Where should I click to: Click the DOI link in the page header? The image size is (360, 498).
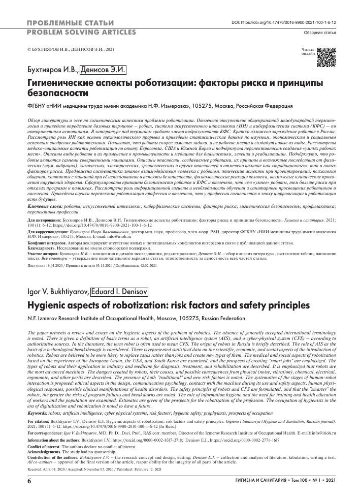coord(284,23)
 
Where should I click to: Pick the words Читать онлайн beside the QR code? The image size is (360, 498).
coord(308,51)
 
